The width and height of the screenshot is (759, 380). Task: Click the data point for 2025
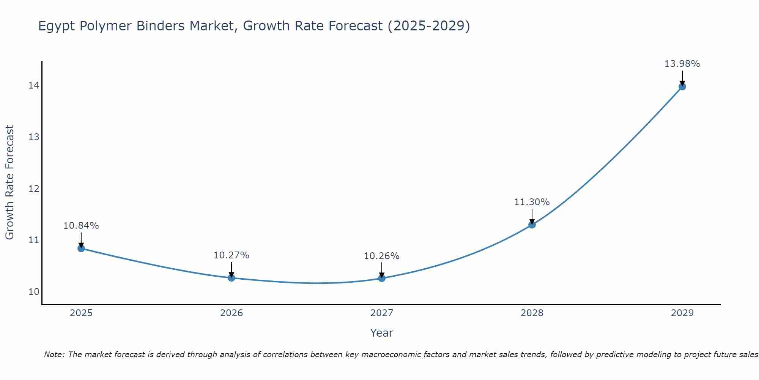[x=81, y=248]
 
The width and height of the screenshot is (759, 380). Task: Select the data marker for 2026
[x=231, y=278]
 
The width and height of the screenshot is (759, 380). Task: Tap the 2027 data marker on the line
[x=382, y=278]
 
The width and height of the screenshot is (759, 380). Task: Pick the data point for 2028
[x=532, y=225]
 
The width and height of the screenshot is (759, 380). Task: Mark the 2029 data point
[x=682, y=87]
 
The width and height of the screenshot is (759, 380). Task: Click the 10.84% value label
[x=81, y=226]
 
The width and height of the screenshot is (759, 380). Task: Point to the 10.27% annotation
[x=231, y=255]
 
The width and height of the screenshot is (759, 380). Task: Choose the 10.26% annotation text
[x=381, y=256]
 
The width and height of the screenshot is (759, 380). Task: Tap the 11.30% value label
[x=532, y=202]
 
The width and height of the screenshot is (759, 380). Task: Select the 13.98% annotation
[x=682, y=64]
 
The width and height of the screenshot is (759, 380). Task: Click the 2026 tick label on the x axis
[x=231, y=313]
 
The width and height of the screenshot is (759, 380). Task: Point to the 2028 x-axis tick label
[x=532, y=313]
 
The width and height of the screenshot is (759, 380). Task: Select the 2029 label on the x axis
[x=682, y=313]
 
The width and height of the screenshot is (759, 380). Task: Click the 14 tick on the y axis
[x=34, y=85]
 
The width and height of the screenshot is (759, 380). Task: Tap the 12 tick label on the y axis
[x=34, y=188]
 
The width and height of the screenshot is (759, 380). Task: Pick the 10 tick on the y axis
[x=34, y=292]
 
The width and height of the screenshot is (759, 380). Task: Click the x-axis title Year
[x=381, y=333]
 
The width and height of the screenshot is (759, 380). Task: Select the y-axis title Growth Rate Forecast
[x=10, y=182]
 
